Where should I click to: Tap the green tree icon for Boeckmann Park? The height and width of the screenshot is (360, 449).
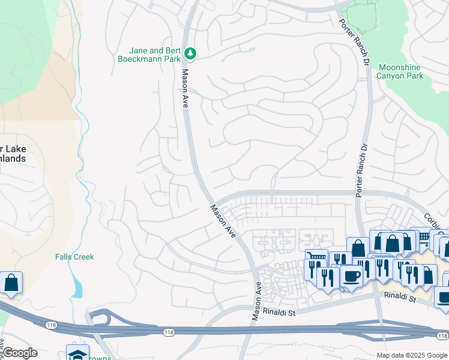[190, 54]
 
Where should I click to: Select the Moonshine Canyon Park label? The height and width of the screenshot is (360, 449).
[400, 71]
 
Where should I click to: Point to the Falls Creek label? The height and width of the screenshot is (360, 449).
[74, 257]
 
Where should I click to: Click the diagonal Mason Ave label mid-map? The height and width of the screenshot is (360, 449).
[223, 221]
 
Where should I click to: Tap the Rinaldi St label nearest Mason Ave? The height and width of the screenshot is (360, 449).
[280, 311]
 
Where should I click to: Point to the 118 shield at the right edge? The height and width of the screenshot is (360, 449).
[443, 334]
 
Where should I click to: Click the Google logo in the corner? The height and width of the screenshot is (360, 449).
[19, 353]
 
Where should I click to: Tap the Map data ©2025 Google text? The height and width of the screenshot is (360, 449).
[412, 355]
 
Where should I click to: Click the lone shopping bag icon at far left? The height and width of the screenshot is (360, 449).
[11, 282]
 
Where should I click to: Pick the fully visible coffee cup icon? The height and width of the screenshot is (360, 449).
[351, 276]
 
